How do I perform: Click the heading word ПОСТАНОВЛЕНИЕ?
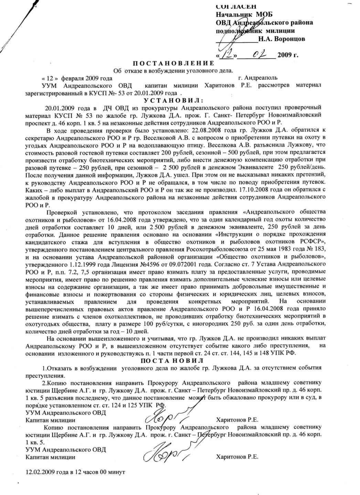tap(173, 63)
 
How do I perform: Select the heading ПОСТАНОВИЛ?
tap(172, 361)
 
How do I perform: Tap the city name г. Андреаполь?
tap(257, 78)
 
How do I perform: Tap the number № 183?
tap(314, 249)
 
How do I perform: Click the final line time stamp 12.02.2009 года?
tap(48, 472)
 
